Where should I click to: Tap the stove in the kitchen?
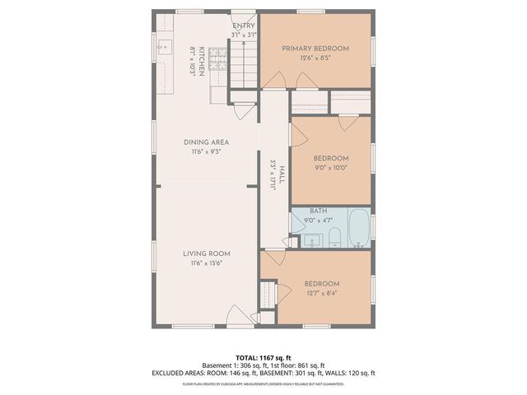pos(217,58)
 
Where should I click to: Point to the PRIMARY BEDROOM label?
pos(315,49)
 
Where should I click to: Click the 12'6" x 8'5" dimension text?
pos(315,58)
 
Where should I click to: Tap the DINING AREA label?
pos(202,142)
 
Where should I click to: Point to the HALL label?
pos(282,175)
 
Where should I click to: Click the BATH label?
pos(318,211)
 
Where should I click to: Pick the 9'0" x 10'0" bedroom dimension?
pos(330,168)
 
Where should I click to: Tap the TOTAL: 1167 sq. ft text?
pos(263,358)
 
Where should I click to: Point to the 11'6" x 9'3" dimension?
pos(202,151)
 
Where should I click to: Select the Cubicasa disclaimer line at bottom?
pos(263,383)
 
